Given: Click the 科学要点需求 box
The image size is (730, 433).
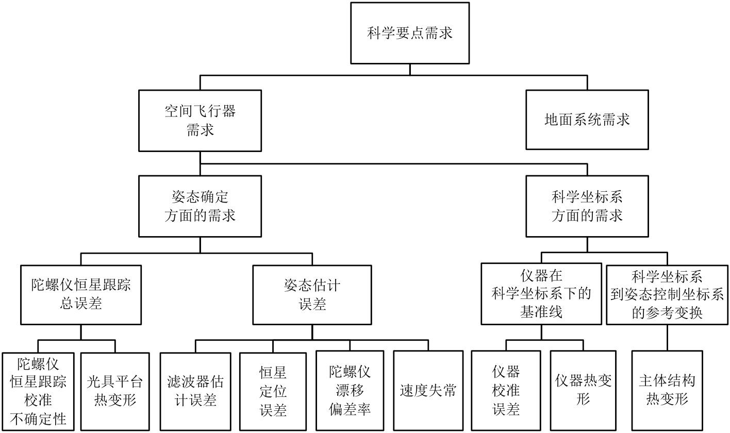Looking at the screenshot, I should (410, 34).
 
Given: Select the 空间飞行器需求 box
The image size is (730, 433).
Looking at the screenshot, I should (200, 121).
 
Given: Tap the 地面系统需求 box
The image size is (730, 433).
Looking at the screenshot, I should (587, 120).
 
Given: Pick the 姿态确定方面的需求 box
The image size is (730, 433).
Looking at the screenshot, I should (200, 206).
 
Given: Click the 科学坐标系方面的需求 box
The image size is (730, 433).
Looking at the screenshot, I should (587, 206).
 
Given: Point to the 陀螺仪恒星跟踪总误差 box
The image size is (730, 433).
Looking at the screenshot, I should (81, 295).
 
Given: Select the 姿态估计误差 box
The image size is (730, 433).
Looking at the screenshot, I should (312, 295).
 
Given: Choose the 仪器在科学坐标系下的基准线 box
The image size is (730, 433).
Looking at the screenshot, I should (541, 294).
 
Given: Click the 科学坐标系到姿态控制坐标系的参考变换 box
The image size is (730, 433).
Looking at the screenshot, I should (667, 294).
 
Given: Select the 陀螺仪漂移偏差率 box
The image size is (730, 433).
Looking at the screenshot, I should (350, 391).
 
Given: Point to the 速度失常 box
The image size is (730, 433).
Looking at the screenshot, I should (428, 391).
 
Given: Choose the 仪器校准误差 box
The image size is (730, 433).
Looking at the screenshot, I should (506, 391).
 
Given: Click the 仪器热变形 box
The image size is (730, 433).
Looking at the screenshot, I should (584, 391).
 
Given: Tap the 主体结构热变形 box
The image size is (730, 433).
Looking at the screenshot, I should (667, 391).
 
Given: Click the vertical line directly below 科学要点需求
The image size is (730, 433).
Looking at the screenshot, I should (410, 70).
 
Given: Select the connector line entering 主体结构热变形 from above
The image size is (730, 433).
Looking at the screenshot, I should (667, 338).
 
